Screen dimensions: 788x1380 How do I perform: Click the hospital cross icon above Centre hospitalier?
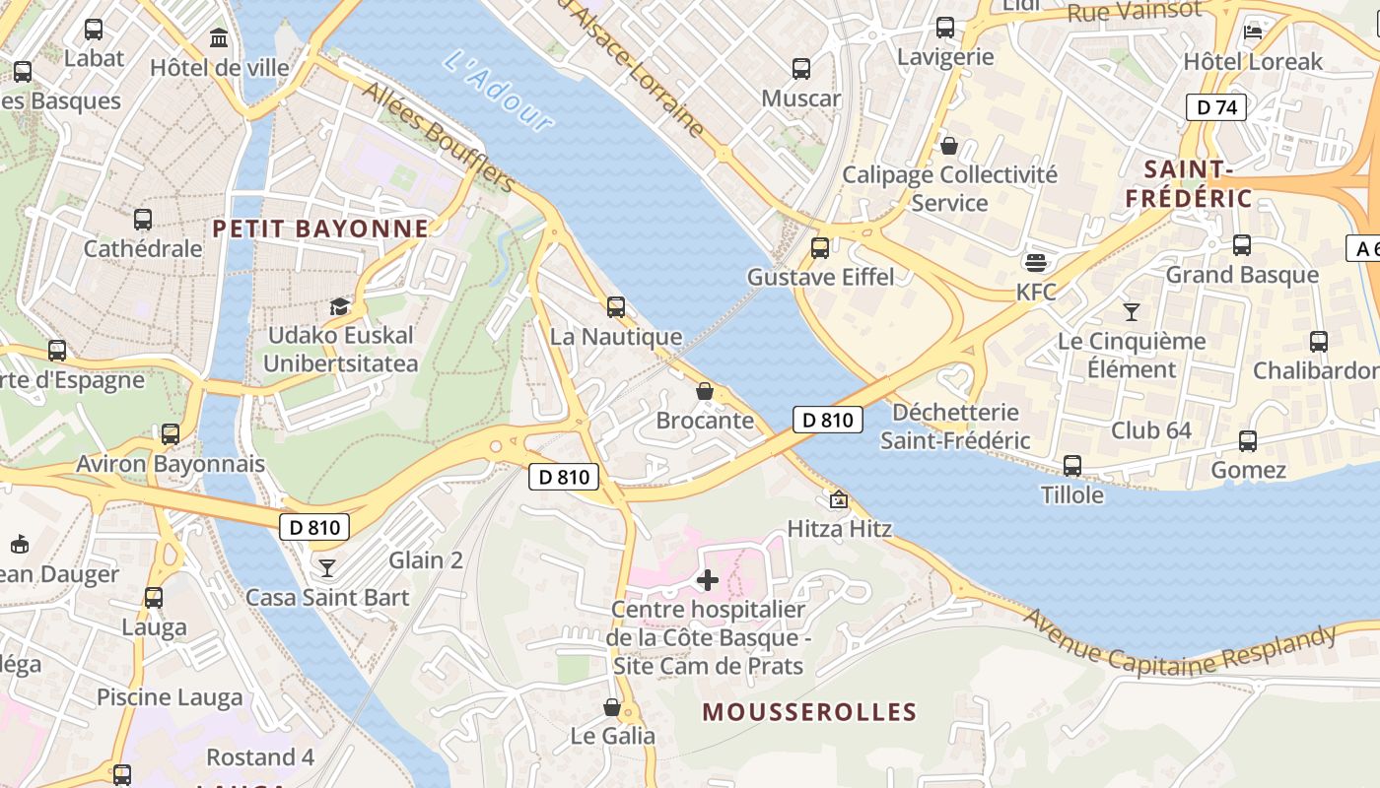[707, 579]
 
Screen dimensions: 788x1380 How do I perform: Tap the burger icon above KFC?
[1035, 263]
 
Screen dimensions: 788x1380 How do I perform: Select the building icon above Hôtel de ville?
[219, 38]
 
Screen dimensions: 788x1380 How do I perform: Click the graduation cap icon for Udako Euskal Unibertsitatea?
[340, 306]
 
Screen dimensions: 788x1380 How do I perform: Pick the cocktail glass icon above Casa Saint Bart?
[326, 568]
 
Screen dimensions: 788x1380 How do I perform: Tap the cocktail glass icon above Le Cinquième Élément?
[1131, 312]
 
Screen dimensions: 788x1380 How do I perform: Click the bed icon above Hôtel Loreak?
[1253, 32]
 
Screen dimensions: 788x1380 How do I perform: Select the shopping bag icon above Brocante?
[705, 391]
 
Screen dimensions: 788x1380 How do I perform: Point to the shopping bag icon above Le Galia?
[612, 707]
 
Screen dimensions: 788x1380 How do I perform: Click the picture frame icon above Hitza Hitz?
[838, 500]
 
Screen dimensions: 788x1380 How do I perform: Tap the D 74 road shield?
[1215, 107]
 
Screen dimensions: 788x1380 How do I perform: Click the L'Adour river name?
[499, 91]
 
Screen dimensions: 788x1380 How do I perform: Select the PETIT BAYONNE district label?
[321, 229]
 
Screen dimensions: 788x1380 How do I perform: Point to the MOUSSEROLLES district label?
[809, 711]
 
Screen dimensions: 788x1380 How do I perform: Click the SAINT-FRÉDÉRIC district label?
[1188, 183]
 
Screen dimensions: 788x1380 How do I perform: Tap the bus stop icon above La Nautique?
[616, 307]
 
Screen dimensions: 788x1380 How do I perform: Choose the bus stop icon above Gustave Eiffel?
[819, 248]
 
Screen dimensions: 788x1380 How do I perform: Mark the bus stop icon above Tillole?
[1072, 466]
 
